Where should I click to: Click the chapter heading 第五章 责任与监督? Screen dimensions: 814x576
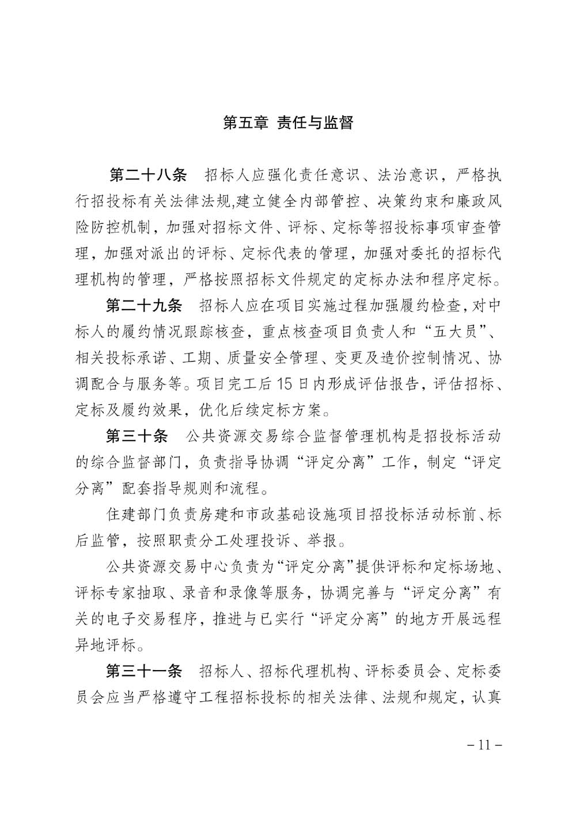point(287,123)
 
